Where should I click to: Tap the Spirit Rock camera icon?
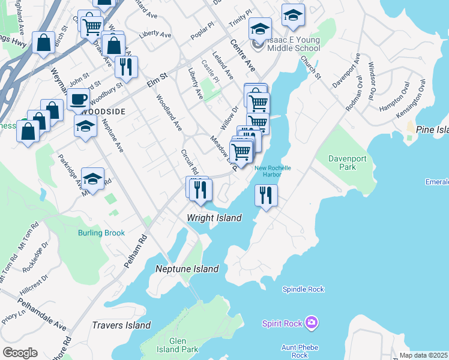[311, 323]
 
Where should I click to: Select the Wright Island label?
[214, 218]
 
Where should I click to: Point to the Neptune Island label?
[187, 269]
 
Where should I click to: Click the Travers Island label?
[121, 326]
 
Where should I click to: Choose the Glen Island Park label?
[183, 345]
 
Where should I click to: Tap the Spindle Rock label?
[303, 289]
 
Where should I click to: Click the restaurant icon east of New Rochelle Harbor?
[265, 195]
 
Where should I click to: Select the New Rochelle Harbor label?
[273, 171]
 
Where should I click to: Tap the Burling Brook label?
[101, 233]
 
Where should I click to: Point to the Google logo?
[19, 353]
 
